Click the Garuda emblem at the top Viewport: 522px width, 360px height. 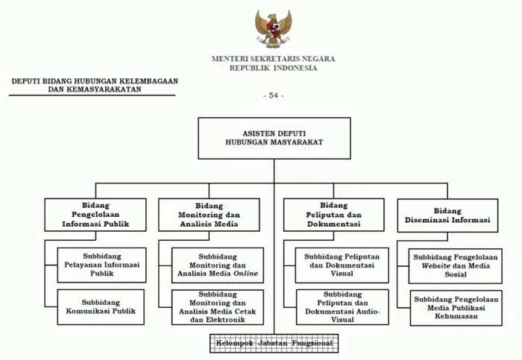(273, 28)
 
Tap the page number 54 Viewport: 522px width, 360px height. (274, 95)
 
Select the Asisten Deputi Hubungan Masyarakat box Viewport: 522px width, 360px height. (274, 138)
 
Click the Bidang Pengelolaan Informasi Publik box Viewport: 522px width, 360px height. (95, 215)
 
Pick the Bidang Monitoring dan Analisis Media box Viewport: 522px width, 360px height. (209, 215)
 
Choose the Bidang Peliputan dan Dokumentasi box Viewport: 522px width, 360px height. (334, 215)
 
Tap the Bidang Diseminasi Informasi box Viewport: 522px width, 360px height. (447, 215)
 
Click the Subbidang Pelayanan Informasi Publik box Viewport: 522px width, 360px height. (101, 265)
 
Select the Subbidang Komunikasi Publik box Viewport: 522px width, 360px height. (101, 307)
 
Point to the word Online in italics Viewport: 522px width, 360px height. (245, 274)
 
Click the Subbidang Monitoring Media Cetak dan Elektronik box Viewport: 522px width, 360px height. (218, 307)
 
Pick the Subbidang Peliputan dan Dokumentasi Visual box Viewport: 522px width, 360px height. (342, 265)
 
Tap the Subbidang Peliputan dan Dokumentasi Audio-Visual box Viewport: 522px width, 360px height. (342, 307)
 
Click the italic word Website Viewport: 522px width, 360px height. (435, 266)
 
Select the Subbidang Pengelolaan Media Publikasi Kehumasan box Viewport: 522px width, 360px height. (456, 308)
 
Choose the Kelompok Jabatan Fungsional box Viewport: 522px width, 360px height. (274, 344)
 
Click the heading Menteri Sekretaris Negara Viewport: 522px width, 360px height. (274, 59)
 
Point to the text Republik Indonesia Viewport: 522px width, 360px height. (274, 68)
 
